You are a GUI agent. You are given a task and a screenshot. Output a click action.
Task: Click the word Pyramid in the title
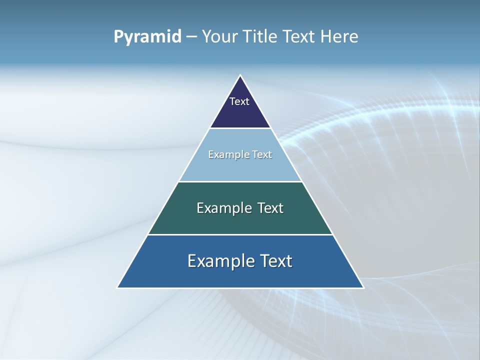[x=147, y=37]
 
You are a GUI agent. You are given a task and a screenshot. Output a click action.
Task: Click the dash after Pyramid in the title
[x=191, y=37]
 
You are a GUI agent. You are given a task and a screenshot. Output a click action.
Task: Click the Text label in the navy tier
[x=239, y=101]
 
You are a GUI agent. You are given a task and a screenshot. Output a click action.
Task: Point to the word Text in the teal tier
[x=270, y=208]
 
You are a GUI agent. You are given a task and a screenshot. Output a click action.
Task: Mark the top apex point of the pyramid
[x=240, y=75]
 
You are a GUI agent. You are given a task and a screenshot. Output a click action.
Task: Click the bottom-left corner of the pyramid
[x=117, y=287]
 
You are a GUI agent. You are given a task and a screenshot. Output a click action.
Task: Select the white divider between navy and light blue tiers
[x=240, y=128]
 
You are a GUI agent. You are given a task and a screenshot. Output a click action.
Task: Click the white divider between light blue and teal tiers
[x=240, y=181]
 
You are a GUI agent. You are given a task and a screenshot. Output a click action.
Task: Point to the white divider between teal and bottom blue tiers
[x=240, y=234]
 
